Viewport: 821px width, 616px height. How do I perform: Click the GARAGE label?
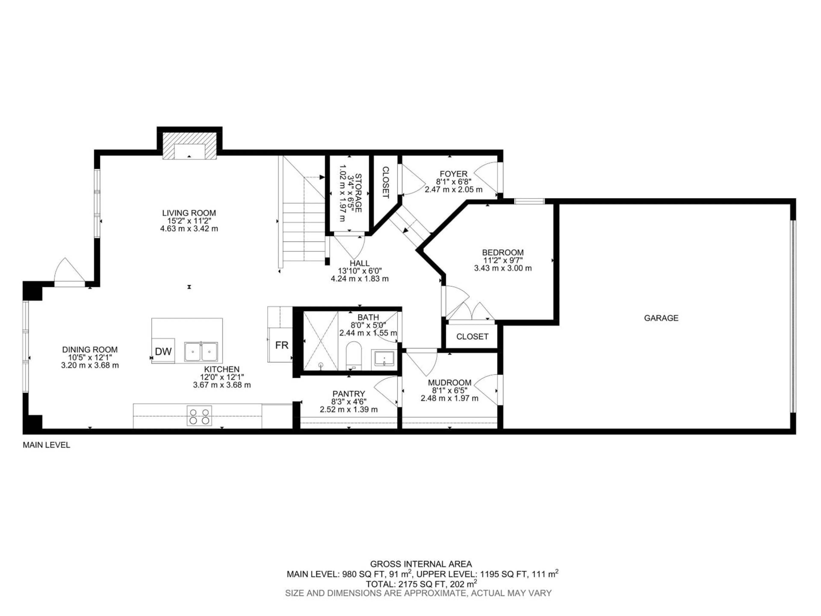point(661,318)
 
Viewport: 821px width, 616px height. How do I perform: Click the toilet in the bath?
point(353,356)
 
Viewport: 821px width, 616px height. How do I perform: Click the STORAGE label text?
point(358,193)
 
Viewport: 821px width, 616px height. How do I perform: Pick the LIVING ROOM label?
point(189,213)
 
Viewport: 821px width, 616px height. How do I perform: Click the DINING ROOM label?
point(90,349)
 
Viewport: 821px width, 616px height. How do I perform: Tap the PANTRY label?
point(348,394)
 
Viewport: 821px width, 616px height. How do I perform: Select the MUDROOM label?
point(449,382)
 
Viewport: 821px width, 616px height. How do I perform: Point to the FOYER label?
point(453,174)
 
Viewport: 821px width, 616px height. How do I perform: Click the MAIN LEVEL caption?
point(46,445)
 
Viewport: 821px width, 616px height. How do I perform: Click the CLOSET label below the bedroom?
point(472,336)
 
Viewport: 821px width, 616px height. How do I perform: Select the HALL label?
point(359,263)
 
